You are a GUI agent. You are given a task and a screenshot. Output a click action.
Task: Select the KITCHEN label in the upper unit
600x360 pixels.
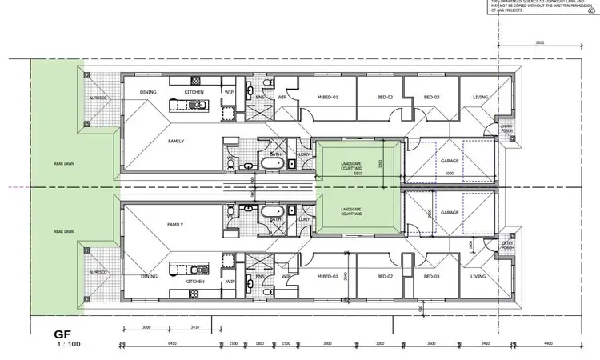pyautogui.click(x=194, y=92)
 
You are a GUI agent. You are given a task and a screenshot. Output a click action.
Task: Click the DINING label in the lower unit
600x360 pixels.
pyautogui.click(x=149, y=276)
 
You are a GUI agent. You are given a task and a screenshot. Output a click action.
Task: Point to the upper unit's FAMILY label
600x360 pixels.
pyautogui.click(x=176, y=141)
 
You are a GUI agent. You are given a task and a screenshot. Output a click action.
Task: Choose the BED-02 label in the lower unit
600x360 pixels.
pyautogui.click(x=386, y=275)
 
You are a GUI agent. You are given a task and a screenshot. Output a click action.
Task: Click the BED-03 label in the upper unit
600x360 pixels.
pyautogui.click(x=432, y=98)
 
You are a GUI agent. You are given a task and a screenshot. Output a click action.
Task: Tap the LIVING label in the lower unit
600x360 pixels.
pyautogui.click(x=478, y=275)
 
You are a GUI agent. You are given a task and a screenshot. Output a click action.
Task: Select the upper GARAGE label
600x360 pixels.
pyautogui.click(x=450, y=161)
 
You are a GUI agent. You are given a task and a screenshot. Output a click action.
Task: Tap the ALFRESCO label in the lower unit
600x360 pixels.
pyautogui.click(x=94, y=271)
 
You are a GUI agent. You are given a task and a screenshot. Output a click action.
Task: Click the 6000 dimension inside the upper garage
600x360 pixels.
pyautogui.click(x=450, y=173)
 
